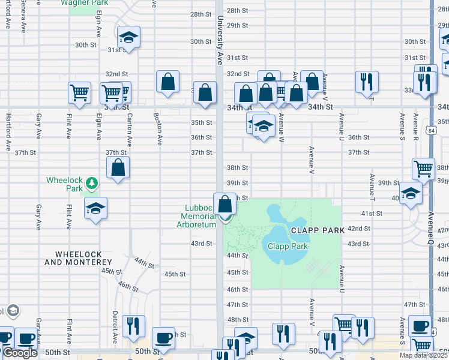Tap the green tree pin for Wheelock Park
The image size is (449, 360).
click(91, 182)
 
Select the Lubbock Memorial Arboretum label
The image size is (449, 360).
click(199, 217)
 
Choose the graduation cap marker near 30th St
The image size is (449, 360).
click(128, 38)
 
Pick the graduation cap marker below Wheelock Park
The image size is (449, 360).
click(95, 209)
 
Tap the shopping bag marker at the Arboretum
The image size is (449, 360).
click(225, 205)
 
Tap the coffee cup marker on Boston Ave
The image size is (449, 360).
click(164, 338)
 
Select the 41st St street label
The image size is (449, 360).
click(372, 213)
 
